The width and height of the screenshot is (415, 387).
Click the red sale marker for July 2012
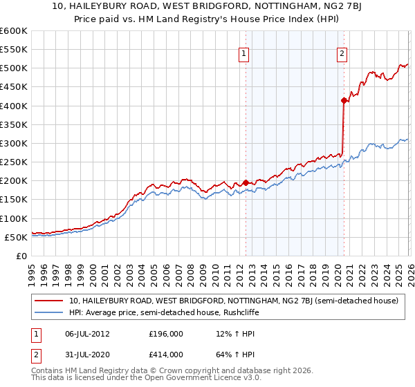pos(246,182)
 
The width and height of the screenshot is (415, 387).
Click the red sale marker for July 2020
pos(344,101)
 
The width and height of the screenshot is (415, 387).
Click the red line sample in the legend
pos(48,301)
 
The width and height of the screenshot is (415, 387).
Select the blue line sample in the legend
pos(48,313)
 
